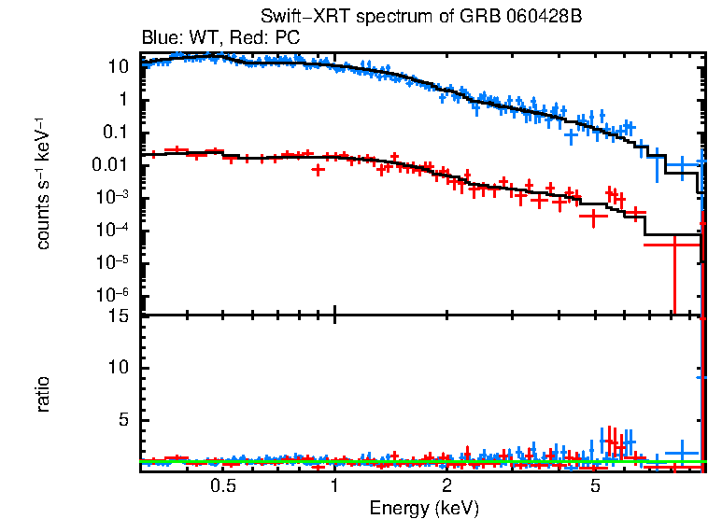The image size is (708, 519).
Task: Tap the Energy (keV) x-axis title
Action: (x=424, y=508)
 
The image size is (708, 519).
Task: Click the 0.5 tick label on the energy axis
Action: (x=222, y=486)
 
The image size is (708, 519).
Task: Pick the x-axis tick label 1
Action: (x=334, y=486)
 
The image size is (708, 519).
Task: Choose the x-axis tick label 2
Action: (x=447, y=486)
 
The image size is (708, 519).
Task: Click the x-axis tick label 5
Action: (x=595, y=486)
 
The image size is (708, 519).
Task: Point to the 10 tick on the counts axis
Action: (x=117, y=67)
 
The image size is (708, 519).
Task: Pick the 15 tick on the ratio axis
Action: (x=117, y=315)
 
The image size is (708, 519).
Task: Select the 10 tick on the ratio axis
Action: (x=117, y=367)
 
